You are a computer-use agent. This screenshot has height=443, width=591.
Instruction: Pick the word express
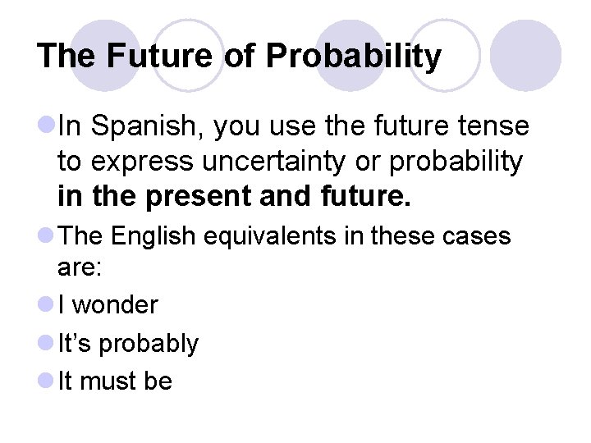click(125, 162)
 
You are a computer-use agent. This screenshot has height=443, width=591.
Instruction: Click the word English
click(152, 236)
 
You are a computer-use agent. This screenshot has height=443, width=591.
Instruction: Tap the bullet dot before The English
click(45, 236)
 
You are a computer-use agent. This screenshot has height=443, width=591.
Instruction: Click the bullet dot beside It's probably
click(45, 343)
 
